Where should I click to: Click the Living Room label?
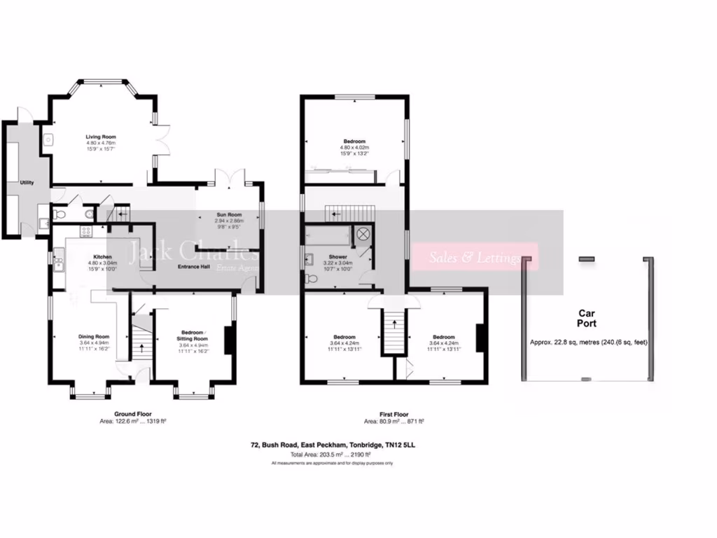click(x=101, y=137)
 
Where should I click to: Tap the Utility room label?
click(x=27, y=182)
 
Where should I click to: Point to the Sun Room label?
click(x=228, y=215)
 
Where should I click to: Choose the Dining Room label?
click(x=94, y=336)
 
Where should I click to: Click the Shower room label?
click(x=338, y=256)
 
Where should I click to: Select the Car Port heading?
click(x=586, y=319)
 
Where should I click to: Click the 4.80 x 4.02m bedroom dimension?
click(x=354, y=148)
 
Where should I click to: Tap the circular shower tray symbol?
click(x=364, y=235)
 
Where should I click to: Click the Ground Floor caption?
click(x=132, y=414)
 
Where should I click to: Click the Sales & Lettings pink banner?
click(x=475, y=258)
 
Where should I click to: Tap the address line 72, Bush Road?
click(x=337, y=444)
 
